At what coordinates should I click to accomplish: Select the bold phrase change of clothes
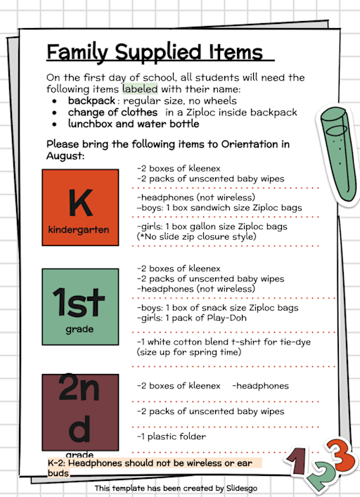[112, 112]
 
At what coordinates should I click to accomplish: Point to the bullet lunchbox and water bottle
[133, 124]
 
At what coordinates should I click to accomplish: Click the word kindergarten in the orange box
[79, 230]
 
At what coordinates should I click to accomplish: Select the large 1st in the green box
[79, 302]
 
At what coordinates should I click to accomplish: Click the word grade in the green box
[79, 328]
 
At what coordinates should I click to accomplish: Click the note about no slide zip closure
[196, 238]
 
